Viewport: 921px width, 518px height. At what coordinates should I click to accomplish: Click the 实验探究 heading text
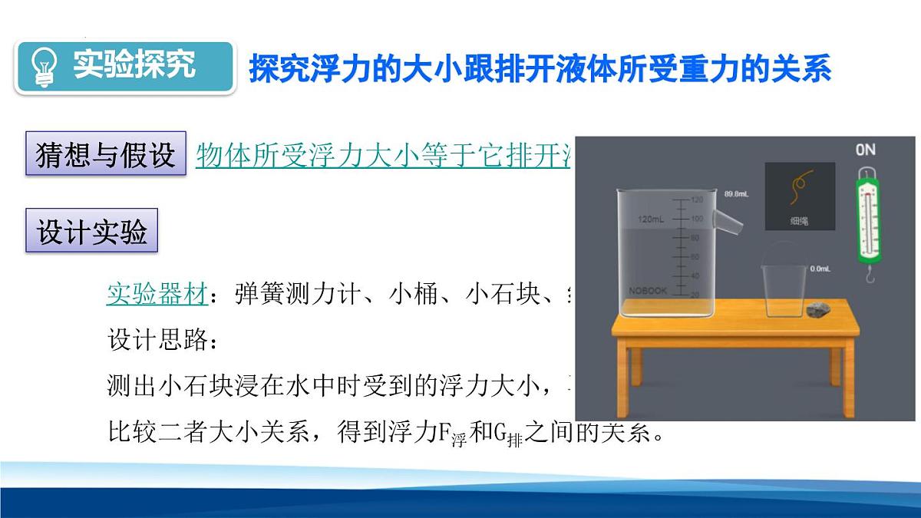(x=135, y=65)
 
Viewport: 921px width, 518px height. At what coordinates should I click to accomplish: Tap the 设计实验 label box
(x=92, y=231)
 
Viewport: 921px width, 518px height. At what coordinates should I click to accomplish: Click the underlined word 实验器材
(x=156, y=294)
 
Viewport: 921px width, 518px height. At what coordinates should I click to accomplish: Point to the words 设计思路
(x=157, y=339)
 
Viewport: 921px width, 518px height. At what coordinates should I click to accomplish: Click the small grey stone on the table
(x=818, y=310)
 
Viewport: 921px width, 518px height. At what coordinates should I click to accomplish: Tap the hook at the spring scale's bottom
(x=870, y=274)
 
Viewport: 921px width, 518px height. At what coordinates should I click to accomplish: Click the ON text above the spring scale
(x=865, y=150)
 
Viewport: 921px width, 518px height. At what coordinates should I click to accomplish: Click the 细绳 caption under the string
(x=798, y=220)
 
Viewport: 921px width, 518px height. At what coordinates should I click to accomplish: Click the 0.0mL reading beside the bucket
(x=820, y=269)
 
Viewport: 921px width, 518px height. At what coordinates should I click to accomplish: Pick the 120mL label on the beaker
(x=652, y=219)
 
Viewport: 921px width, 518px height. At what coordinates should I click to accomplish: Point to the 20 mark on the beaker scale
(x=696, y=294)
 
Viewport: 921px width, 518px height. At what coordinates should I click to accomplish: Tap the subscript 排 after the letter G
(x=514, y=443)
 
